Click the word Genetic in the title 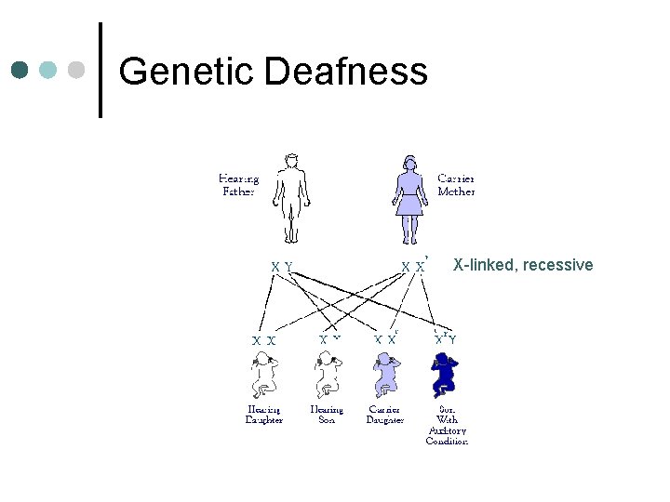click(187, 72)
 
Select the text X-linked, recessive click(522, 266)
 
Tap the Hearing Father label click(238, 184)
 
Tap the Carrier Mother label click(456, 184)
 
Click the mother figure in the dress click(409, 196)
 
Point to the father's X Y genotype click(282, 267)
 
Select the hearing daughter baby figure click(263, 376)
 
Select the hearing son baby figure click(326, 376)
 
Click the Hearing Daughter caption click(264, 415)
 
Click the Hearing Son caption click(327, 415)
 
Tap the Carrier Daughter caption click(385, 415)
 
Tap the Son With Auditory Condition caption click(447, 425)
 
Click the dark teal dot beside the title click(20, 70)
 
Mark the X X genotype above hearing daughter click(263, 340)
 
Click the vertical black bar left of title click(100, 71)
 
